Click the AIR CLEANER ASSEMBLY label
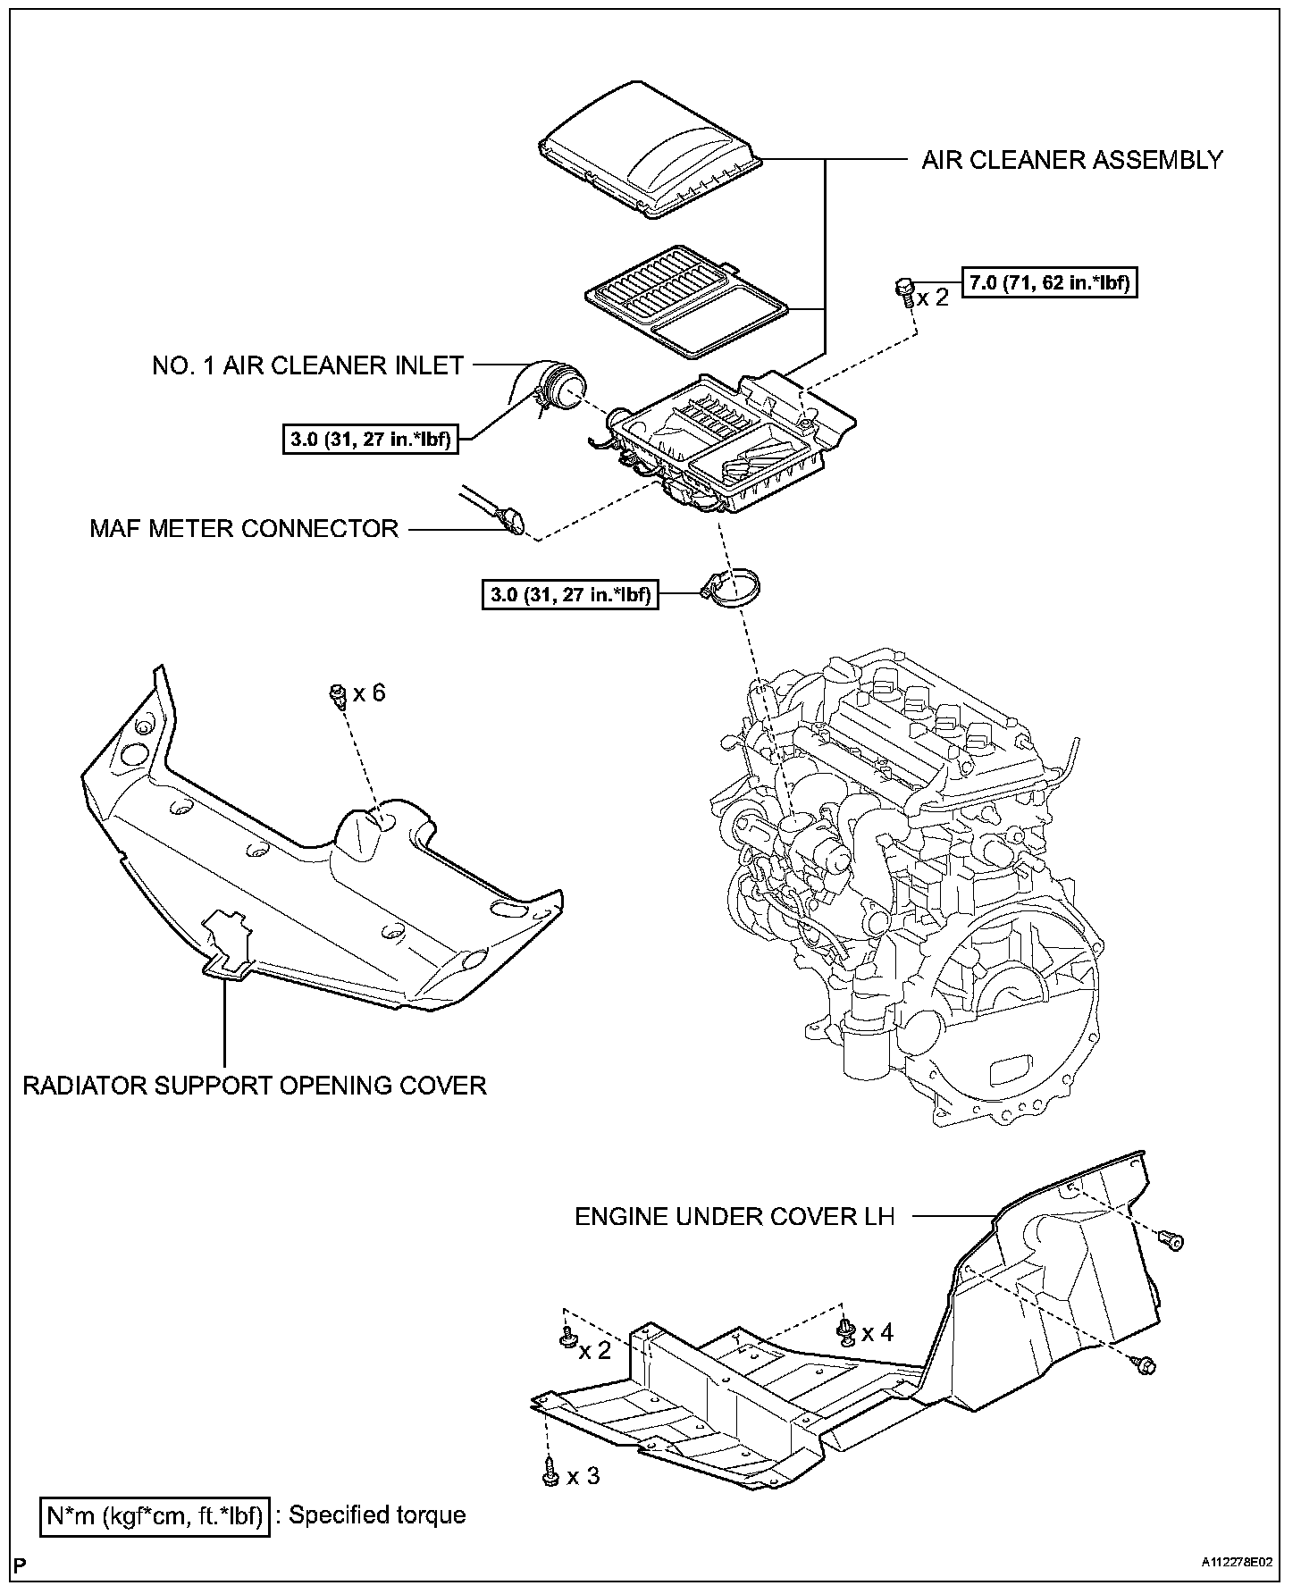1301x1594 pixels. [1071, 161]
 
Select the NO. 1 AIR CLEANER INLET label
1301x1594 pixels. [307, 365]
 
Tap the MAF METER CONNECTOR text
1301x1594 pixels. [243, 528]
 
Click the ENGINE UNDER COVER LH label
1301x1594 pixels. [734, 1216]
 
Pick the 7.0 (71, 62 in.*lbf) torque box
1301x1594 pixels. [1049, 283]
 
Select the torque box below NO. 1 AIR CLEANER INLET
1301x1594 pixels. [371, 440]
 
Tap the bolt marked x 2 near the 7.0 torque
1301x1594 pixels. [903, 290]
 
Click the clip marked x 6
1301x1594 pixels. [338, 695]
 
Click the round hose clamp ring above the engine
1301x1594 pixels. [734, 589]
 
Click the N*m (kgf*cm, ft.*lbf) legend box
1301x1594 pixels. [154, 1514]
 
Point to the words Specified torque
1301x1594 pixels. [377, 1514]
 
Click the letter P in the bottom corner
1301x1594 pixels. [21, 1564]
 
